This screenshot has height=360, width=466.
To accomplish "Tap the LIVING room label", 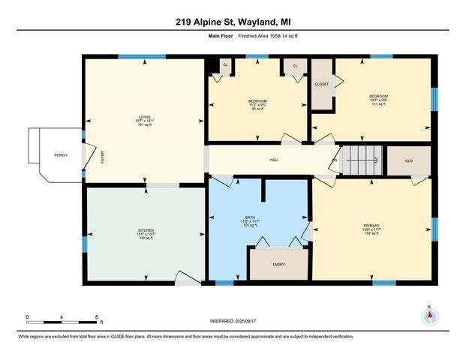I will pyautogui.click(x=143, y=116).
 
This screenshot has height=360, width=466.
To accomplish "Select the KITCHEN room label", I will pyautogui.click(x=146, y=229).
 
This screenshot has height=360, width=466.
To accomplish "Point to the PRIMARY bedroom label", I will pyautogui.click(x=371, y=225).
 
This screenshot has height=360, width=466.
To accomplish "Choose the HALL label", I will pyautogui.click(x=275, y=160).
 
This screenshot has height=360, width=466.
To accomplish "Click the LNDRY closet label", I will pyautogui.click(x=278, y=264).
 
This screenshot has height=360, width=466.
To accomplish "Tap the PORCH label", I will pyautogui.click(x=61, y=155).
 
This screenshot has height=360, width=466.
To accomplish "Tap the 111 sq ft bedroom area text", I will pyautogui.click(x=378, y=105).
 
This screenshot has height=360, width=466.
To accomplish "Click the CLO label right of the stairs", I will pyautogui.click(x=408, y=160).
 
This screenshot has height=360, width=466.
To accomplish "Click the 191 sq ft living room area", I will pyautogui.click(x=143, y=125).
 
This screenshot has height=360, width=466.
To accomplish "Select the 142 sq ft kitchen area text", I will pyautogui.click(x=146, y=238).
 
